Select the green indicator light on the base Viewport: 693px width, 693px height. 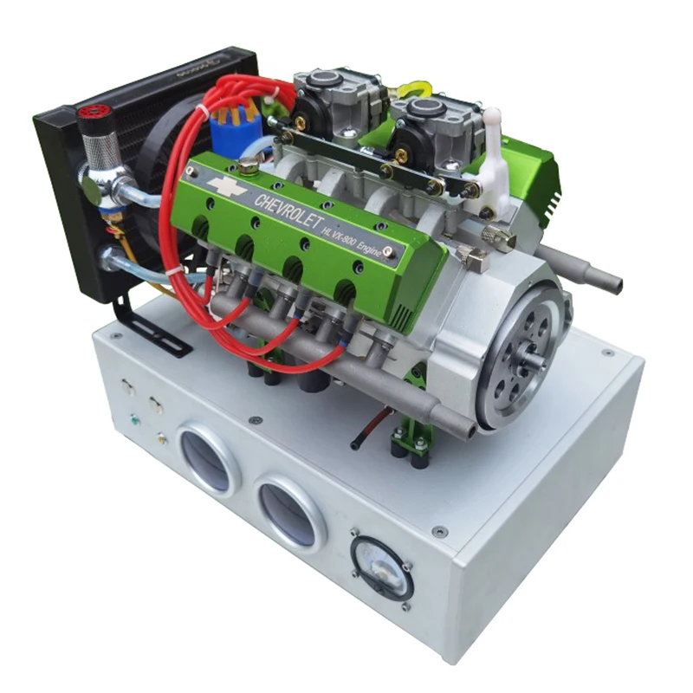tap(136, 421)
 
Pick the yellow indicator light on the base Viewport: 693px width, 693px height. tap(162, 439)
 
